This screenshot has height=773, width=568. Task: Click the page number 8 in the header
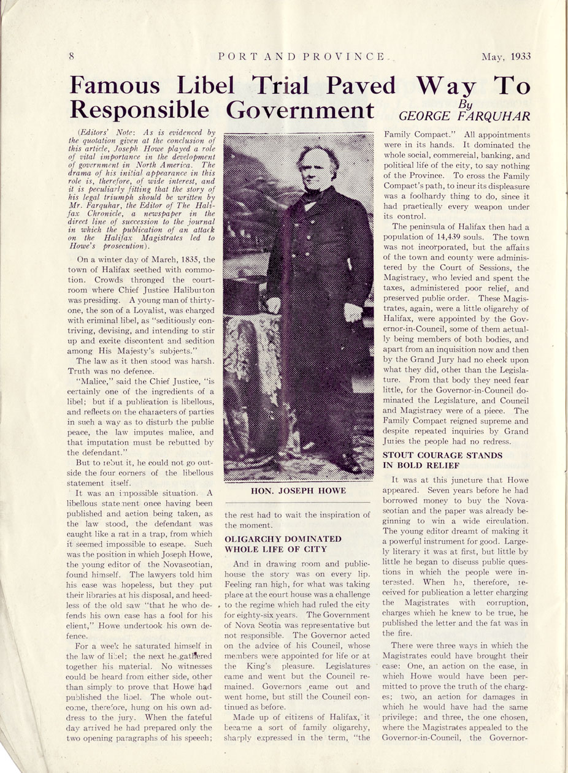72,57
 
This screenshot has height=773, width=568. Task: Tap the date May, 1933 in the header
505,57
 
